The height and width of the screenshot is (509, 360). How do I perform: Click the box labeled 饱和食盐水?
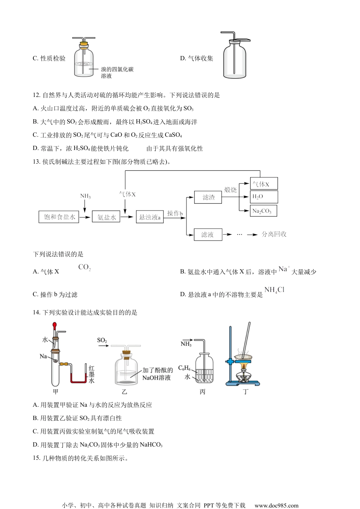pyautogui.click(x=59, y=217)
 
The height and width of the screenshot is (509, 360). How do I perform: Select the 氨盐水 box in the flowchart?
pyautogui.click(x=106, y=217)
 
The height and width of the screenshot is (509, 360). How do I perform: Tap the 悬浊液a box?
pyautogui.click(x=150, y=217)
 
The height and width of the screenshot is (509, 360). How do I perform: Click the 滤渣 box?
pyautogui.click(x=208, y=197)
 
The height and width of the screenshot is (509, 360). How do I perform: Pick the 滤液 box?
pyautogui.click(x=208, y=235)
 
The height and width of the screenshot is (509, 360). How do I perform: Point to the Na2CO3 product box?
pyautogui.click(x=263, y=211)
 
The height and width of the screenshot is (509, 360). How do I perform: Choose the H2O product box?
pyautogui.click(x=264, y=197)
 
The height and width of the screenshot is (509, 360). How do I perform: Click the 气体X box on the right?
pyautogui.click(x=264, y=184)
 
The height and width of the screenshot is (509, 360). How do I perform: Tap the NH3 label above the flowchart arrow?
pyautogui.click(x=85, y=196)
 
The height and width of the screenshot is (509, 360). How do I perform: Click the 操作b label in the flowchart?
pyautogui.click(x=175, y=214)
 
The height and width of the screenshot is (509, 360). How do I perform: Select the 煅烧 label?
pyautogui.click(x=230, y=190)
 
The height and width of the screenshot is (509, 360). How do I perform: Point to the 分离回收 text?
pyautogui.click(x=274, y=234)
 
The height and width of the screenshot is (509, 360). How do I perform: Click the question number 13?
pyautogui.click(x=36, y=162)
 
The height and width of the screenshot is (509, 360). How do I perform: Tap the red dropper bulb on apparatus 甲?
pyautogui.click(x=55, y=325)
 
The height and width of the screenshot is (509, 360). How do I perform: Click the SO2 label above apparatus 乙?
pyautogui.click(x=102, y=340)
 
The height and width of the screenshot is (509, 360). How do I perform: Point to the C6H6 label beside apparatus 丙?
pyautogui.click(x=184, y=368)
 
